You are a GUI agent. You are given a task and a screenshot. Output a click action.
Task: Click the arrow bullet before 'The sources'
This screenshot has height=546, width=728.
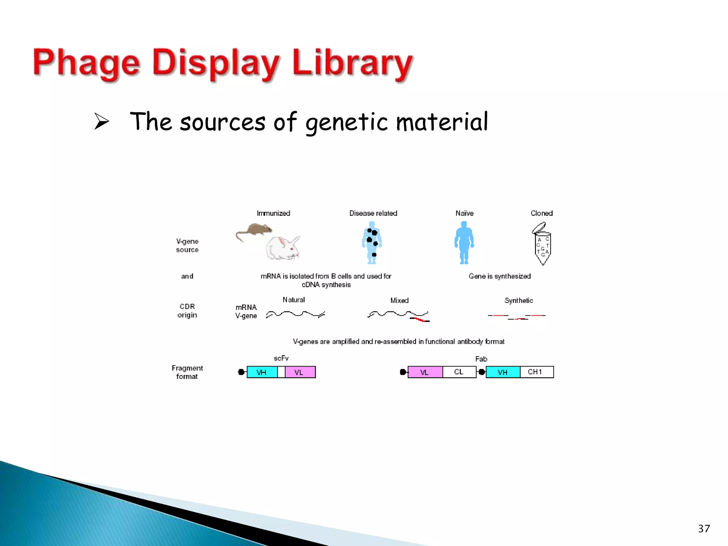coord(102,121)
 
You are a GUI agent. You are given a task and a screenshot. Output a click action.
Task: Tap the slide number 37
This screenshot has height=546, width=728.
coord(704,529)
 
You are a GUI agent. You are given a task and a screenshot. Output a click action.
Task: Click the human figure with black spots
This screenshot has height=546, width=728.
coord(372,242)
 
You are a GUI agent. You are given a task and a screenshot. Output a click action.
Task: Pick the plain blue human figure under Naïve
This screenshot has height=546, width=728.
coord(464,242)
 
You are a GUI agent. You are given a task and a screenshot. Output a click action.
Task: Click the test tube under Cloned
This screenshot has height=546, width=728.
coord(542,245)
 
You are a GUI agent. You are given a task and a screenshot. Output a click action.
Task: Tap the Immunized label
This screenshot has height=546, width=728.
coord(273,213)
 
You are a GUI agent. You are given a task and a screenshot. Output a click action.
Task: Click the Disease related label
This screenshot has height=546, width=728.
coord(373,213)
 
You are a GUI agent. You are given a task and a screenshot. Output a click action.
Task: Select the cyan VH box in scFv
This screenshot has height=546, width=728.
coord(262,372)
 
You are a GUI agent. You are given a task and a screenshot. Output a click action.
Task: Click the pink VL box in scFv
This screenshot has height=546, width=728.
coord(300,372)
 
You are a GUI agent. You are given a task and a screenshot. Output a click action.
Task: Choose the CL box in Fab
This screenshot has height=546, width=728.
coord(459,372)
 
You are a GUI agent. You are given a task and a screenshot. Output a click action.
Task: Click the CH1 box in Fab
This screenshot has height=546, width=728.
coord(536,372)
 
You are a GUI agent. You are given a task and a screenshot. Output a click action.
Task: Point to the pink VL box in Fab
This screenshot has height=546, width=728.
coord(425,372)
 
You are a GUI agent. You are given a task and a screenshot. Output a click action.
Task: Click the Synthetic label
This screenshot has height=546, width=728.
coord(519,300)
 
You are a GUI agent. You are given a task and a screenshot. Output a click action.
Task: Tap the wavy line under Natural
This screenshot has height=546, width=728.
coord(295,314)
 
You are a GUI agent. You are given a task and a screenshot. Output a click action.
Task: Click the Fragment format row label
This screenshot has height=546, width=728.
coord(187,372)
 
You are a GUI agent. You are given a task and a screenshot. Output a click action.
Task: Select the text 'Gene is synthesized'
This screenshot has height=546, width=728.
coord(499,276)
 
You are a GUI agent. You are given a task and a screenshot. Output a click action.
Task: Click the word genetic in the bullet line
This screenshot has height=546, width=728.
coord(346,122)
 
